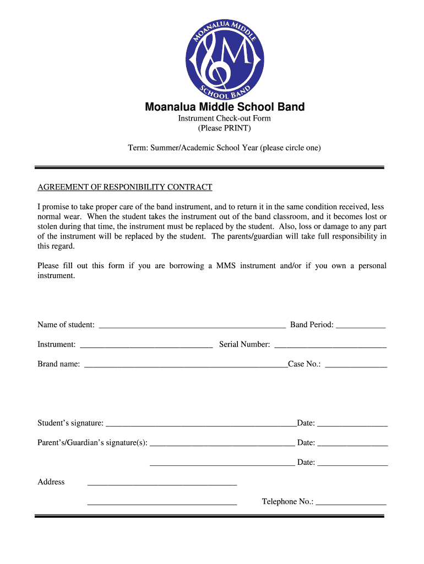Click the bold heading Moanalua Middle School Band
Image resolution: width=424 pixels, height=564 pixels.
click(225, 107)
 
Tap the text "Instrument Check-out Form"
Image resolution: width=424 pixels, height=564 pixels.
click(224, 118)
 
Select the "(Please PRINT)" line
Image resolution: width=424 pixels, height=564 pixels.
click(224, 128)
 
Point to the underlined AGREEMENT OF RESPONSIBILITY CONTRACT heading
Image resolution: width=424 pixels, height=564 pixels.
click(124, 187)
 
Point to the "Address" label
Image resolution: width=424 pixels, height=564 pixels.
click(51, 482)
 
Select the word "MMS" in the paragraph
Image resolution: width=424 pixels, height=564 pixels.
click(226, 265)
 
